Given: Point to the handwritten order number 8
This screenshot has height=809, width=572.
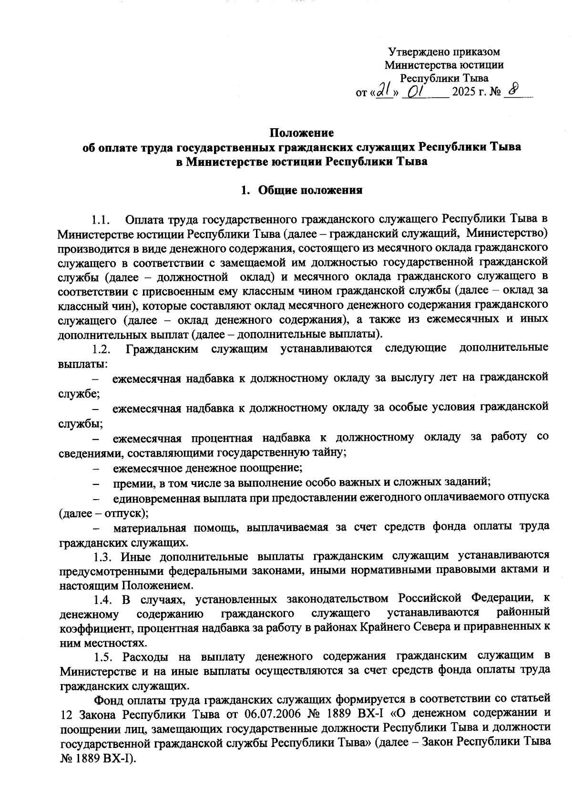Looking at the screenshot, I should pos(513,90).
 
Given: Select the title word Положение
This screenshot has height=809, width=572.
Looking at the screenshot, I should pos(302,132).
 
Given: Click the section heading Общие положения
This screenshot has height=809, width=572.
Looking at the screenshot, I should pos(310,191).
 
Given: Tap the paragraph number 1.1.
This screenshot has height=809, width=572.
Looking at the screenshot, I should pos(102,221).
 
